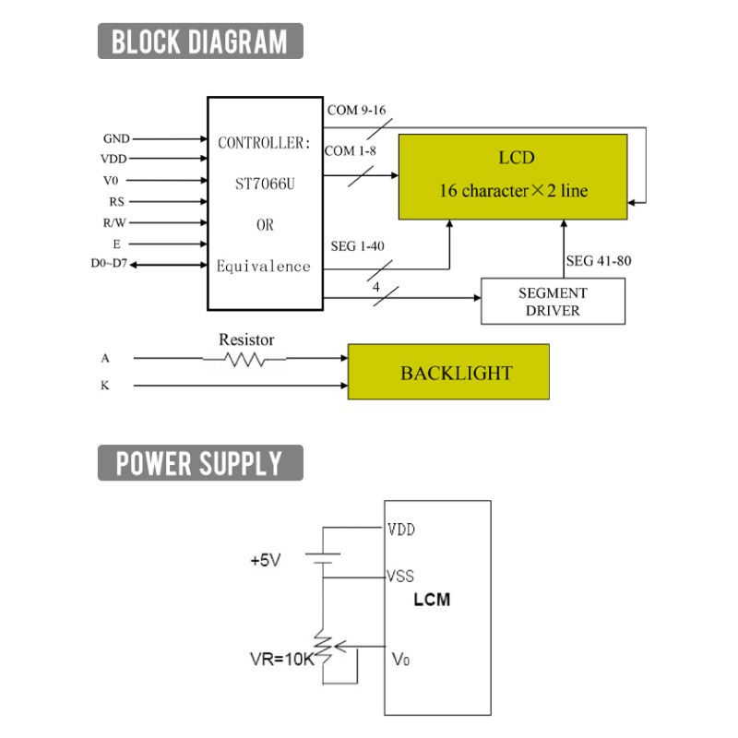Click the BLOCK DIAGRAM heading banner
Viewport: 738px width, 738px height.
pyautogui.click(x=200, y=41)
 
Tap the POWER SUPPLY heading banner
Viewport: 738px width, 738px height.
pyautogui.click(x=200, y=463)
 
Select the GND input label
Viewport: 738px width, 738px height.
pyautogui.click(x=116, y=139)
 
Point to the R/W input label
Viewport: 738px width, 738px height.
pyautogui.click(x=114, y=222)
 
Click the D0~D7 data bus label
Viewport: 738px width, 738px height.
pyautogui.click(x=109, y=263)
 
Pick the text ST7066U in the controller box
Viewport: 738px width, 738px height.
pyautogui.click(x=265, y=184)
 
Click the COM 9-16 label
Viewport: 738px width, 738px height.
pyautogui.click(x=356, y=110)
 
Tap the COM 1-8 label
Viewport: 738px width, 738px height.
pyautogui.click(x=351, y=151)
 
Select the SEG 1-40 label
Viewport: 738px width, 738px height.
pyautogui.click(x=357, y=246)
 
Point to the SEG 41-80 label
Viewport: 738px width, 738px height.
pyautogui.click(x=598, y=261)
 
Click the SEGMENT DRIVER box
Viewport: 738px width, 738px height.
pyautogui.click(x=553, y=302)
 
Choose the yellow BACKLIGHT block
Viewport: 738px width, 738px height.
pyautogui.click(x=448, y=372)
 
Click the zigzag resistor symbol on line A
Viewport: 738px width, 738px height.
pyautogui.click(x=244, y=360)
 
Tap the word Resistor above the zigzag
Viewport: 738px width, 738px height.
pyautogui.click(x=246, y=339)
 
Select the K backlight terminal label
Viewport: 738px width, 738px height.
pyautogui.click(x=104, y=386)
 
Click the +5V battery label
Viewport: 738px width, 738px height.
pyautogui.click(x=266, y=560)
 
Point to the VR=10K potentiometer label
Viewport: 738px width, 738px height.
pyautogui.click(x=281, y=659)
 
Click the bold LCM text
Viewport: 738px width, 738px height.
pyautogui.click(x=432, y=600)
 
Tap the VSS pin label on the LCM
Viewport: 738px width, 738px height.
pyautogui.click(x=400, y=576)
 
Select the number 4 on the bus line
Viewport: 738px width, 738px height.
pyautogui.click(x=376, y=287)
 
